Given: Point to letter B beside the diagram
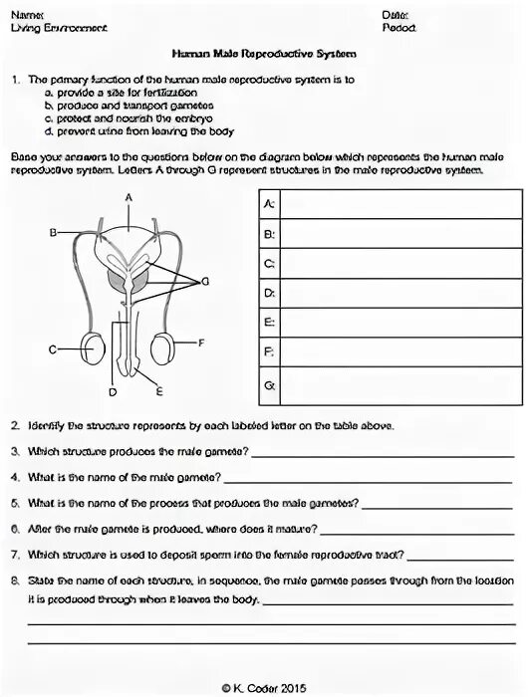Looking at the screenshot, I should [54, 233].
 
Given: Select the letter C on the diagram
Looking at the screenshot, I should [53, 349].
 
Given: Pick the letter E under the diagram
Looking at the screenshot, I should [159, 390].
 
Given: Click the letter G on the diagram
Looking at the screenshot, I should [205, 283].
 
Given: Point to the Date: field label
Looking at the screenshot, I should [395, 16].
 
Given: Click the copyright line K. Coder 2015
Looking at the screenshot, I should [265, 687].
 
